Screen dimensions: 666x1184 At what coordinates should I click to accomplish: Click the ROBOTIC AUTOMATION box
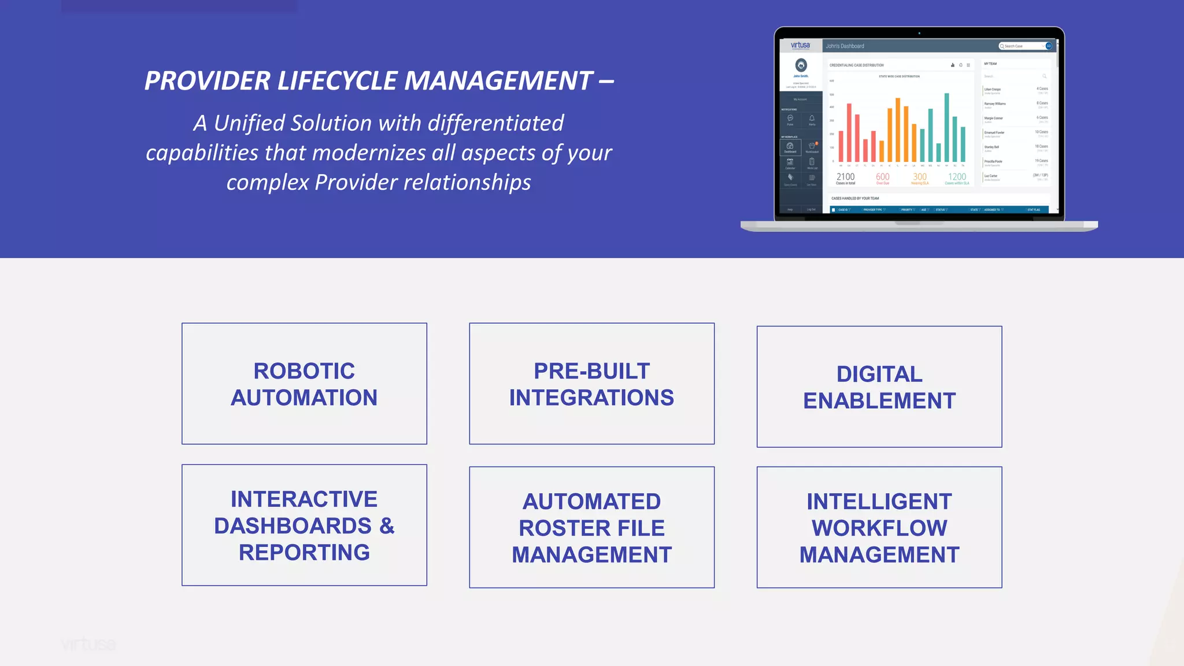(x=304, y=384)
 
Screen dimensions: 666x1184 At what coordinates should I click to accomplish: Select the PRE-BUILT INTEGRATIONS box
(x=591, y=384)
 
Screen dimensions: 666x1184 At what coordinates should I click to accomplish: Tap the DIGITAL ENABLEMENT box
(x=879, y=387)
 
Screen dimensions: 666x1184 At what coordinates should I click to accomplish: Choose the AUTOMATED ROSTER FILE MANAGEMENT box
(x=591, y=527)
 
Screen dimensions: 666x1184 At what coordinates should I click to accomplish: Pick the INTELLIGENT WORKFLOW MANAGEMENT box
(x=879, y=527)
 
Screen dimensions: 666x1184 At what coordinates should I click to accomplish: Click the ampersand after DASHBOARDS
(x=387, y=526)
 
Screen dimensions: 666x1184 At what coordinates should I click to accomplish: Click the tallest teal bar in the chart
(x=947, y=128)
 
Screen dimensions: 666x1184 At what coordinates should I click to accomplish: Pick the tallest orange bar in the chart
(x=898, y=130)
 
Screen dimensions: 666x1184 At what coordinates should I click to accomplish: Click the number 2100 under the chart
(x=845, y=177)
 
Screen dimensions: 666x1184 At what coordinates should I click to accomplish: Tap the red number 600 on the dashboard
(x=883, y=177)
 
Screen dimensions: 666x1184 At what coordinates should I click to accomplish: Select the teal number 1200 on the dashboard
(x=957, y=177)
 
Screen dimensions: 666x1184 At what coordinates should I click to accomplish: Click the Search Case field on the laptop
(x=1022, y=46)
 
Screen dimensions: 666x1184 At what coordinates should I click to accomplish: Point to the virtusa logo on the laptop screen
(x=801, y=46)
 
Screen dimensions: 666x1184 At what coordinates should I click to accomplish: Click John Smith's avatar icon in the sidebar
(x=801, y=65)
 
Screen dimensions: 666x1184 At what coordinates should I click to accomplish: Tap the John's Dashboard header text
(x=845, y=46)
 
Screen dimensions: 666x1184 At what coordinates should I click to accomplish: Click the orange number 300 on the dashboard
(x=920, y=177)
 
